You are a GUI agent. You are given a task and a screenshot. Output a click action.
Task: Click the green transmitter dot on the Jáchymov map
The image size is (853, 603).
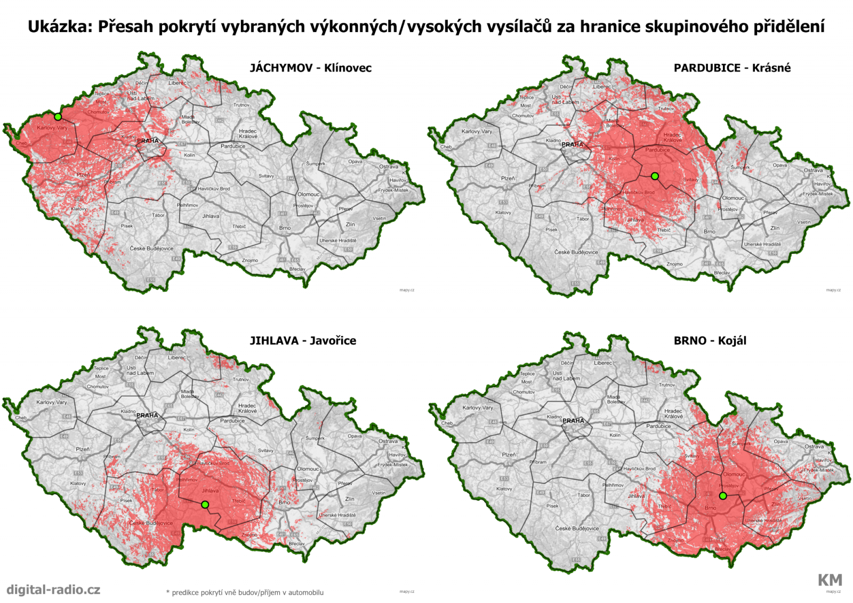pos(58,116)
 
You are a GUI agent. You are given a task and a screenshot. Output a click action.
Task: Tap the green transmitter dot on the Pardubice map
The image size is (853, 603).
pos(655,176)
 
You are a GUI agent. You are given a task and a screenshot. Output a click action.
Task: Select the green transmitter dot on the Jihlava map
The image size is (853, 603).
pos(205,504)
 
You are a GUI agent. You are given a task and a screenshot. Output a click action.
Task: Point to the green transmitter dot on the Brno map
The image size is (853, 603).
pos(723,496)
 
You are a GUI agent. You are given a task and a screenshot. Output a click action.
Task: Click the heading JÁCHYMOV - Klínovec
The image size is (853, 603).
pos(310,68)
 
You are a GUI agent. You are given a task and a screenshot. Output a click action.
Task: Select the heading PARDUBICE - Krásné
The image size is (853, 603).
pos(732,68)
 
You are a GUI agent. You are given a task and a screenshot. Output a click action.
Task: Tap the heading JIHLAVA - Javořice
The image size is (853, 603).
pos(303,341)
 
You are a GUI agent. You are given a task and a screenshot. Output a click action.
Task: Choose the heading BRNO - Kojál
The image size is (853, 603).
pos(710,341)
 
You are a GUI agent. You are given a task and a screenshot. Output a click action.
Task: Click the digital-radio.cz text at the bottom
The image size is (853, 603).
pos(53,590)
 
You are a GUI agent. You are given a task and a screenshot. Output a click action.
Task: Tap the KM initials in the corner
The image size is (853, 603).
pos(830,580)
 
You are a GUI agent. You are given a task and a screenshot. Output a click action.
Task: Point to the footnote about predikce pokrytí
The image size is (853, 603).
pos(245,592)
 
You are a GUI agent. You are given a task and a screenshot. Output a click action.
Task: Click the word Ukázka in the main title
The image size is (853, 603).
pos(59,27)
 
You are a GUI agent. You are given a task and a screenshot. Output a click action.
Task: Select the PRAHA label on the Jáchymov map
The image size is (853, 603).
pos(148,141)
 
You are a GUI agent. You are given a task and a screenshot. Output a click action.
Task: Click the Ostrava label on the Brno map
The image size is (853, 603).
pos(814,447)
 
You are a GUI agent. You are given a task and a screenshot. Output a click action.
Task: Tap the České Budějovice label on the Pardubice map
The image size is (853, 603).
pos(576,252)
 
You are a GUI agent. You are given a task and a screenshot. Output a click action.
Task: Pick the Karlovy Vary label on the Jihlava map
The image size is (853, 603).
pos(52,403)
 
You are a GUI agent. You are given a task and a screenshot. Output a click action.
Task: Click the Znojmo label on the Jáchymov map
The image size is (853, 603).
pos(250,260)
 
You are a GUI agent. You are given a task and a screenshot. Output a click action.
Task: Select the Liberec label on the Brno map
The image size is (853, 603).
pos(603,363)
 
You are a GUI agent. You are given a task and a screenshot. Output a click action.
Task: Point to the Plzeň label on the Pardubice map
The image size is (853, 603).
pos(508,179)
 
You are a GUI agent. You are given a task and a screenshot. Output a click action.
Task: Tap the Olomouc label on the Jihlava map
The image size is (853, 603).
pos(308,469)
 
